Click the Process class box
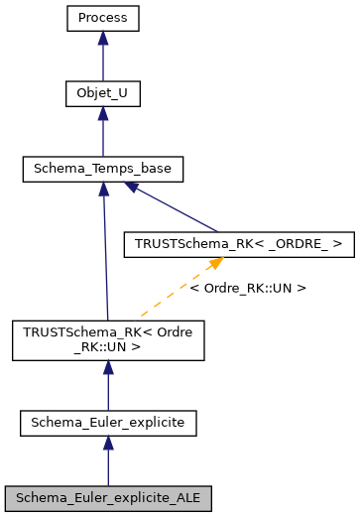coord(103,18)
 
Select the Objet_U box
coord(103,94)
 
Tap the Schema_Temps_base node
coord(103,170)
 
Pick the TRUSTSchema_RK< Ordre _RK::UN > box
coord(107,339)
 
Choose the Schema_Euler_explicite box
coord(108,424)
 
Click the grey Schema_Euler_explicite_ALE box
coord(108,494)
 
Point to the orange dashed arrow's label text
coord(247,288)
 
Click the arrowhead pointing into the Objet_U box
coord(103,114)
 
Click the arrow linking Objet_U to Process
coord(103,60)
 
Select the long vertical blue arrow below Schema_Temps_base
coord(105,258)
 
